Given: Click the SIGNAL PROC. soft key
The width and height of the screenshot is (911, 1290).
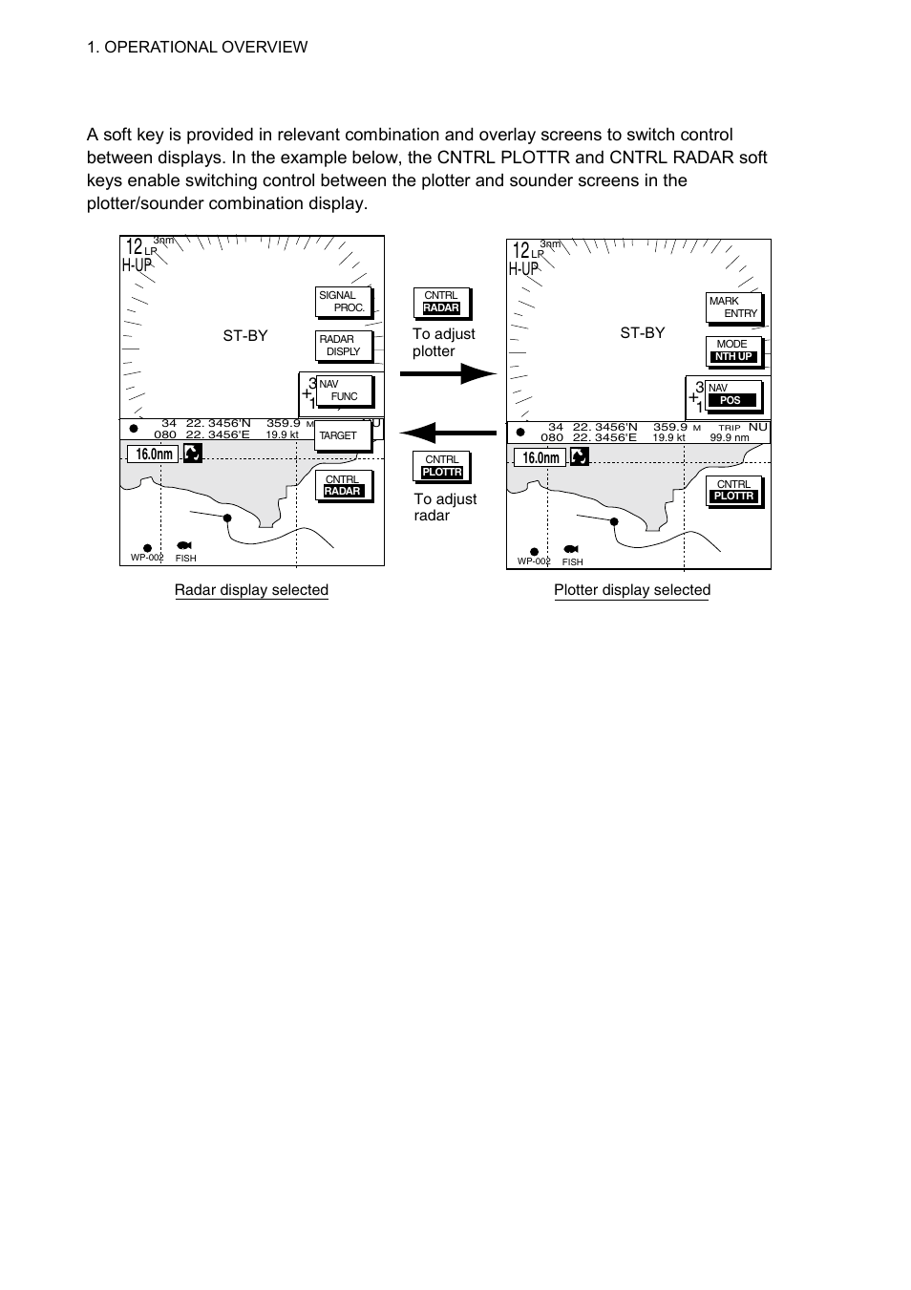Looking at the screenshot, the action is click(344, 302).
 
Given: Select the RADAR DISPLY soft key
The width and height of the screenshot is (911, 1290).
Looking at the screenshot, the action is click(344, 346).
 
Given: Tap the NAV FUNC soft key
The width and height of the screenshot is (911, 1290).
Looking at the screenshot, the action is click(344, 391).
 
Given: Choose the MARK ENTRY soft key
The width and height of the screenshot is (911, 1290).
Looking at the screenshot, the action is click(734, 307).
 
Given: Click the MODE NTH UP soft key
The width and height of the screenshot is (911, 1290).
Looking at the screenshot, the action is click(734, 351).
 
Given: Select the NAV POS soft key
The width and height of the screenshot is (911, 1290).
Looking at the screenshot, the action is click(734, 395).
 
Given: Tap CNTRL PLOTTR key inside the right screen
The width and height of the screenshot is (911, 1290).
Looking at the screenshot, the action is click(734, 491).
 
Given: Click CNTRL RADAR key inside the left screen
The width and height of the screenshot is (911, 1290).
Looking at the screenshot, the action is click(344, 486).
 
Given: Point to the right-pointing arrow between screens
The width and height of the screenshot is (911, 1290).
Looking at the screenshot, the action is click(449, 373).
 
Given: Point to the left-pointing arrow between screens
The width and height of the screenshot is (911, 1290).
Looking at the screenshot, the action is click(448, 433).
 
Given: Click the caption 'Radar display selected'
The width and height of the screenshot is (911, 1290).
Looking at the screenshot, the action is click(251, 590).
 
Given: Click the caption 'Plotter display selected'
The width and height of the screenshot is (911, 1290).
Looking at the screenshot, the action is click(632, 590).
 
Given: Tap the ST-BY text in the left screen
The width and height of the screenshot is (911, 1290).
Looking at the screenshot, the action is click(245, 336).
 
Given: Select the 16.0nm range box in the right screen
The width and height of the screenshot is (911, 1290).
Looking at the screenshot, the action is click(540, 457).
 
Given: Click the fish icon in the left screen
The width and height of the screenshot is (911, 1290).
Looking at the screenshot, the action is click(184, 545).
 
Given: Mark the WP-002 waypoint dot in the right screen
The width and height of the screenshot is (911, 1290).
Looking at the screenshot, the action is click(534, 552).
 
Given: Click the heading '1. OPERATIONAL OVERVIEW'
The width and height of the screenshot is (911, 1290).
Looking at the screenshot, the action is click(197, 47).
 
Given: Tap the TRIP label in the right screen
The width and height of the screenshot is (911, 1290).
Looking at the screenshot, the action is click(729, 428).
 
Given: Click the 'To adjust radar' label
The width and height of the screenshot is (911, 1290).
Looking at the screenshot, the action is click(445, 507).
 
